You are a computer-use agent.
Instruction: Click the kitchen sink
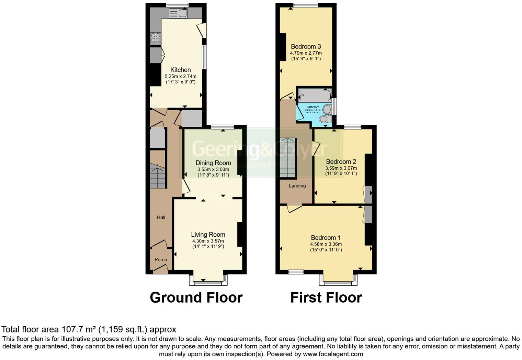(178, 13)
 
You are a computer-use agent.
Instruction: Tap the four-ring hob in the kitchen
(156, 37)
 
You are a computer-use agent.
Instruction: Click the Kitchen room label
(181, 70)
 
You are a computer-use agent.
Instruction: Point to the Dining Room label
(213, 163)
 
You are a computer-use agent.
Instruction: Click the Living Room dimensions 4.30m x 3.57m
(208, 241)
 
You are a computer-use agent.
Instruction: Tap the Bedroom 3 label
(306, 47)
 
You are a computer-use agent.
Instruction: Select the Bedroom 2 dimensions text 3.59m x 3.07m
(341, 168)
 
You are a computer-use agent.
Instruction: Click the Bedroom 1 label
(326, 238)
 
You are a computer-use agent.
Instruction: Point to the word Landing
(297, 186)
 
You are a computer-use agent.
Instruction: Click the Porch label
(161, 260)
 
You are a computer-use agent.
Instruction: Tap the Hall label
(161, 217)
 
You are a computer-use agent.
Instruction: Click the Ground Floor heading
(196, 297)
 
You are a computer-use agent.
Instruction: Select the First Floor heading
(326, 297)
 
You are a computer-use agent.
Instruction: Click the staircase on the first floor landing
(287, 158)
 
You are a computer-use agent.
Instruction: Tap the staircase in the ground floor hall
(158, 176)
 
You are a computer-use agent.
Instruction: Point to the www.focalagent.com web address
(332, 354)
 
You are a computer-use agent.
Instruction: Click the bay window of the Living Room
(208, 282)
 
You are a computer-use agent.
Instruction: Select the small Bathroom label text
(313, 107)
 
